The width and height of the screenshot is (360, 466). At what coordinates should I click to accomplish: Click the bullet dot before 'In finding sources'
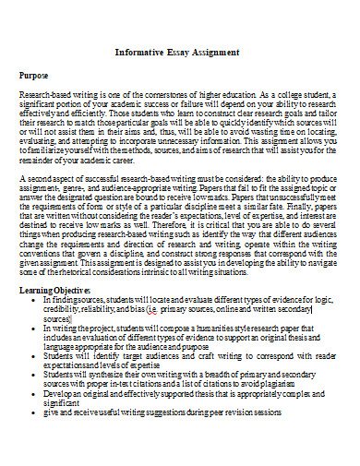[34, 301]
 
